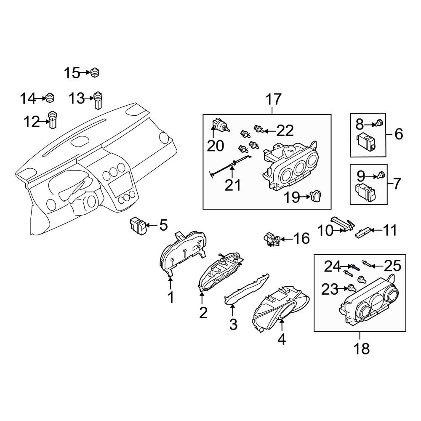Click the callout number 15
72,73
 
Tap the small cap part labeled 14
50,98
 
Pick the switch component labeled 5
138,225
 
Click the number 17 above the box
274,99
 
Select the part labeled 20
221,125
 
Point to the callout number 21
232,185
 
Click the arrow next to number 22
270,131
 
